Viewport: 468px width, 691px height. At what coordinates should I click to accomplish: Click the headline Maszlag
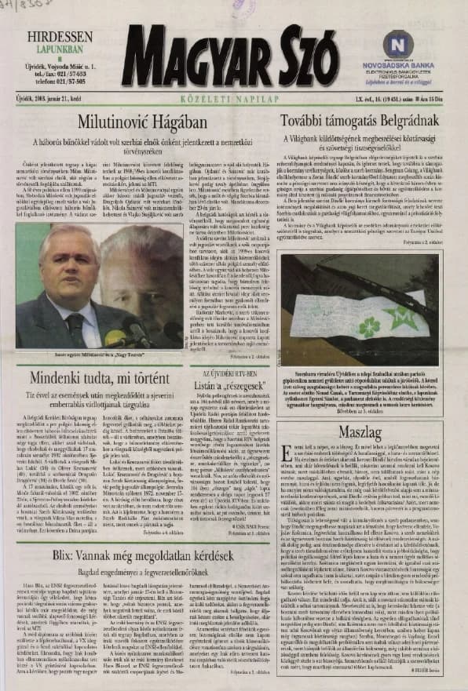tap(371, 431)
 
